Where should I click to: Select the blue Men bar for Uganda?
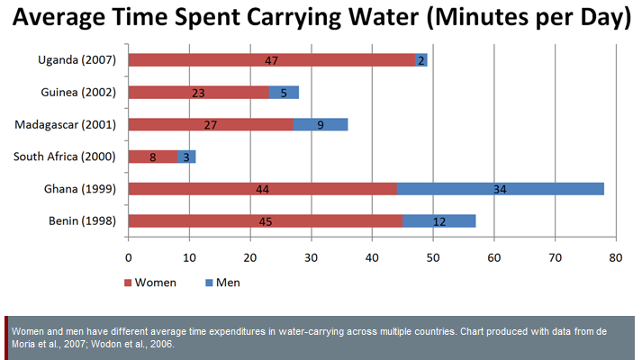[421, 60]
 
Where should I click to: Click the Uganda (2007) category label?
[77, 60]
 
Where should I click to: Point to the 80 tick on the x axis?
[616, 259]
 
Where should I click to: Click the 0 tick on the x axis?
[129, 259]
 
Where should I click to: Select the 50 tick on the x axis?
[433, 259]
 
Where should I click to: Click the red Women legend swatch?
[127, 283]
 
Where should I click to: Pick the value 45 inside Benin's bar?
[265, 221]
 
